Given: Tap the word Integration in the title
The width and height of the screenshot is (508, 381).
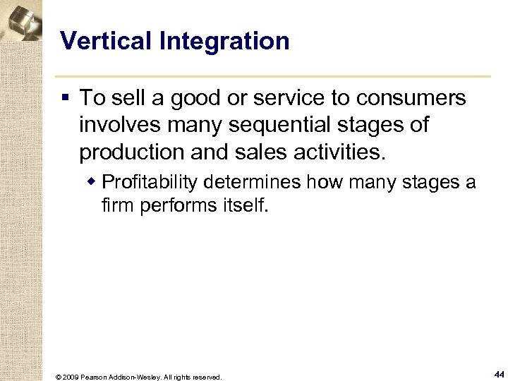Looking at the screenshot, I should click(x=224, y=41).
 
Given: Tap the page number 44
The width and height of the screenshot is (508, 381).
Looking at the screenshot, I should click(x=499, y=375).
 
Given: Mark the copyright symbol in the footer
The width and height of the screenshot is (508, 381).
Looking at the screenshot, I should click(x=58, y=377).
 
